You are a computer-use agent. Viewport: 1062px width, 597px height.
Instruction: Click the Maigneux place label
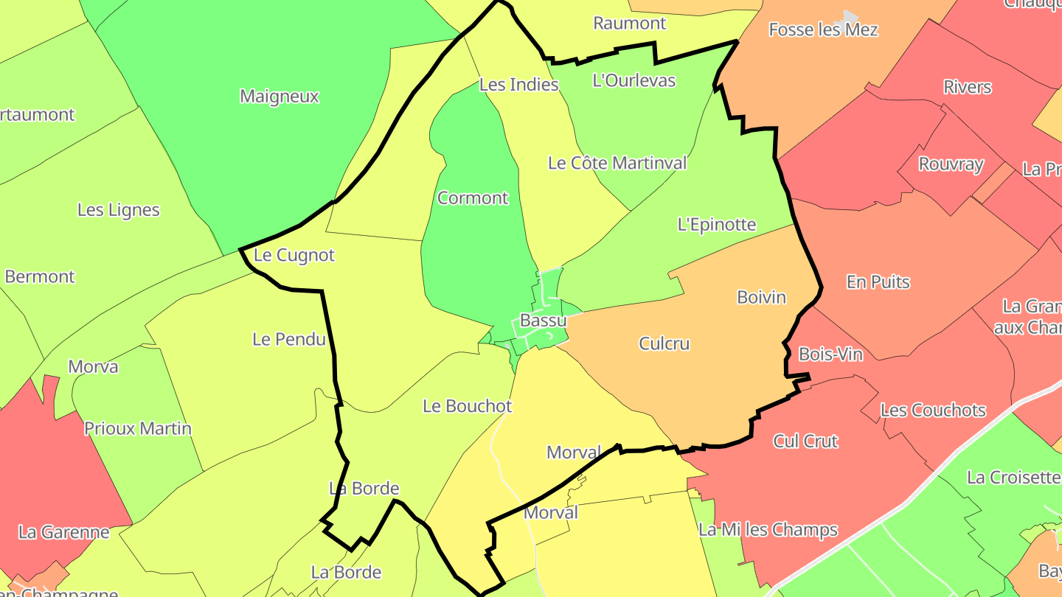280,97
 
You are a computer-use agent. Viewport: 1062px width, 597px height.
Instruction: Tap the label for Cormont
473,198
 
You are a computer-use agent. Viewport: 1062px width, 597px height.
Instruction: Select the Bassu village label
544,321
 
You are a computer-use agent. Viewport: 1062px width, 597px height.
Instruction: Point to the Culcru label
664,343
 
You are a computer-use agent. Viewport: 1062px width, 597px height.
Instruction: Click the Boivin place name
761,298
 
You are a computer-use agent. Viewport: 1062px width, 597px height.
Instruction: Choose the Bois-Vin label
830,355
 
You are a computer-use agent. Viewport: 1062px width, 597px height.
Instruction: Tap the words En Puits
878,282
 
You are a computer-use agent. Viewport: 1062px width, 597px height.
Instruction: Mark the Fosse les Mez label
823,30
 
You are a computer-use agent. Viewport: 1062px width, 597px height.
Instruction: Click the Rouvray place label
951,164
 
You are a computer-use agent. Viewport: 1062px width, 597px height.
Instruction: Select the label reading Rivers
967,87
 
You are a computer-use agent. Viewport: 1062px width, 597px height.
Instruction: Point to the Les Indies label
518,85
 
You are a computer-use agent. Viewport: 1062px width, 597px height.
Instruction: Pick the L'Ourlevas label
634,80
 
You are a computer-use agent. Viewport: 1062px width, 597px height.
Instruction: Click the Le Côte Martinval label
617,163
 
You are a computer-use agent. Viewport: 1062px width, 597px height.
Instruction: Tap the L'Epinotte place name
717,225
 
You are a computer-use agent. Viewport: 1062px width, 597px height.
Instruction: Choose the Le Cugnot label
294,256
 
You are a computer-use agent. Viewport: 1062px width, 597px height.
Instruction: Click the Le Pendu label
288,340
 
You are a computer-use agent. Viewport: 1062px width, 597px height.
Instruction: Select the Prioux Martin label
138,429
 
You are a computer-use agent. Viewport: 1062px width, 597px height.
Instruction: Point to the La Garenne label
63,532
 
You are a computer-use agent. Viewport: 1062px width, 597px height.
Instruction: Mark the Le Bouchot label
467,406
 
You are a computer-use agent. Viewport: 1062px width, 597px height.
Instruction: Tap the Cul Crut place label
805,441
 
